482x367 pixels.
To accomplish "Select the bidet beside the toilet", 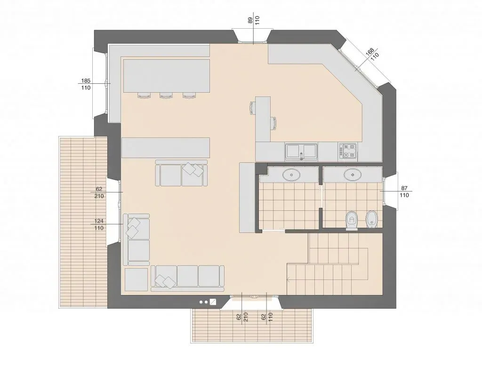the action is point(371,219).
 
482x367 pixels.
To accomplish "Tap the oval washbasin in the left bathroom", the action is point(291,176).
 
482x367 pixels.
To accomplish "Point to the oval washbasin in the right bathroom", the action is point(352,175).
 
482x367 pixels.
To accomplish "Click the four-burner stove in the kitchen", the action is point(348,151).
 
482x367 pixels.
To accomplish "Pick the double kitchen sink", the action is point(302,152).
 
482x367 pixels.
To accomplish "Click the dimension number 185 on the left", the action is point(86,81).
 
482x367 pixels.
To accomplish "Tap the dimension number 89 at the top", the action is point(250,20).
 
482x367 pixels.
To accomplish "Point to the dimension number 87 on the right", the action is point(404,188).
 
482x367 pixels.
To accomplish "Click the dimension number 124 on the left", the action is point(99,221).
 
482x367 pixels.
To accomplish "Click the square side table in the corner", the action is point(137,279).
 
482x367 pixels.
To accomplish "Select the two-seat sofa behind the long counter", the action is point(181,173).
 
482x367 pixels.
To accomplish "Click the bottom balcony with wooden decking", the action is point(251,325).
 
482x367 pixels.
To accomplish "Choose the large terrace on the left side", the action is point(83,222).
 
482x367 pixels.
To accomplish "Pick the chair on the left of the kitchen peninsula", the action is point(252,108).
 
